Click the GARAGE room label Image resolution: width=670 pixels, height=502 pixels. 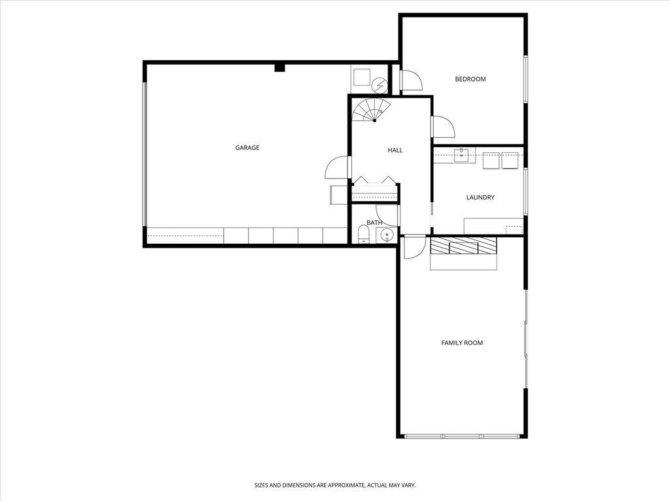click(247, 148)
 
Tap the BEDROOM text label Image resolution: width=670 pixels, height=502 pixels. click(470, 79)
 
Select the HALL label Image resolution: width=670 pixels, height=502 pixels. click(395, 150)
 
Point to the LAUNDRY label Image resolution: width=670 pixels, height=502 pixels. click(480, 197)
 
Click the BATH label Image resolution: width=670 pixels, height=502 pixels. click(374, 223)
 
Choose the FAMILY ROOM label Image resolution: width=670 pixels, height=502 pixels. click(462, 343)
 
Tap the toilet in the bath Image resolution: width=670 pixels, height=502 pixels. click(363, 235)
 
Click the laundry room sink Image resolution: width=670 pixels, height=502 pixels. click(461, 156)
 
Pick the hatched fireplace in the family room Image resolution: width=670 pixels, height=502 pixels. click(463, 245)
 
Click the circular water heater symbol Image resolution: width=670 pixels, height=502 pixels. click(379, 85)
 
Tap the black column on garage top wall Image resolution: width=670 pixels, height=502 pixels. click(279, 67)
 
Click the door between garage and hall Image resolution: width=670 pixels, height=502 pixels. click(338, 168)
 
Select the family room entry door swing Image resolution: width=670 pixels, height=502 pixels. click(414, 248)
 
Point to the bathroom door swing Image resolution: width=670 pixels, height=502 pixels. click(387, 216)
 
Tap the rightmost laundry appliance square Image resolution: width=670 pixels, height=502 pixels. click(510, 160)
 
